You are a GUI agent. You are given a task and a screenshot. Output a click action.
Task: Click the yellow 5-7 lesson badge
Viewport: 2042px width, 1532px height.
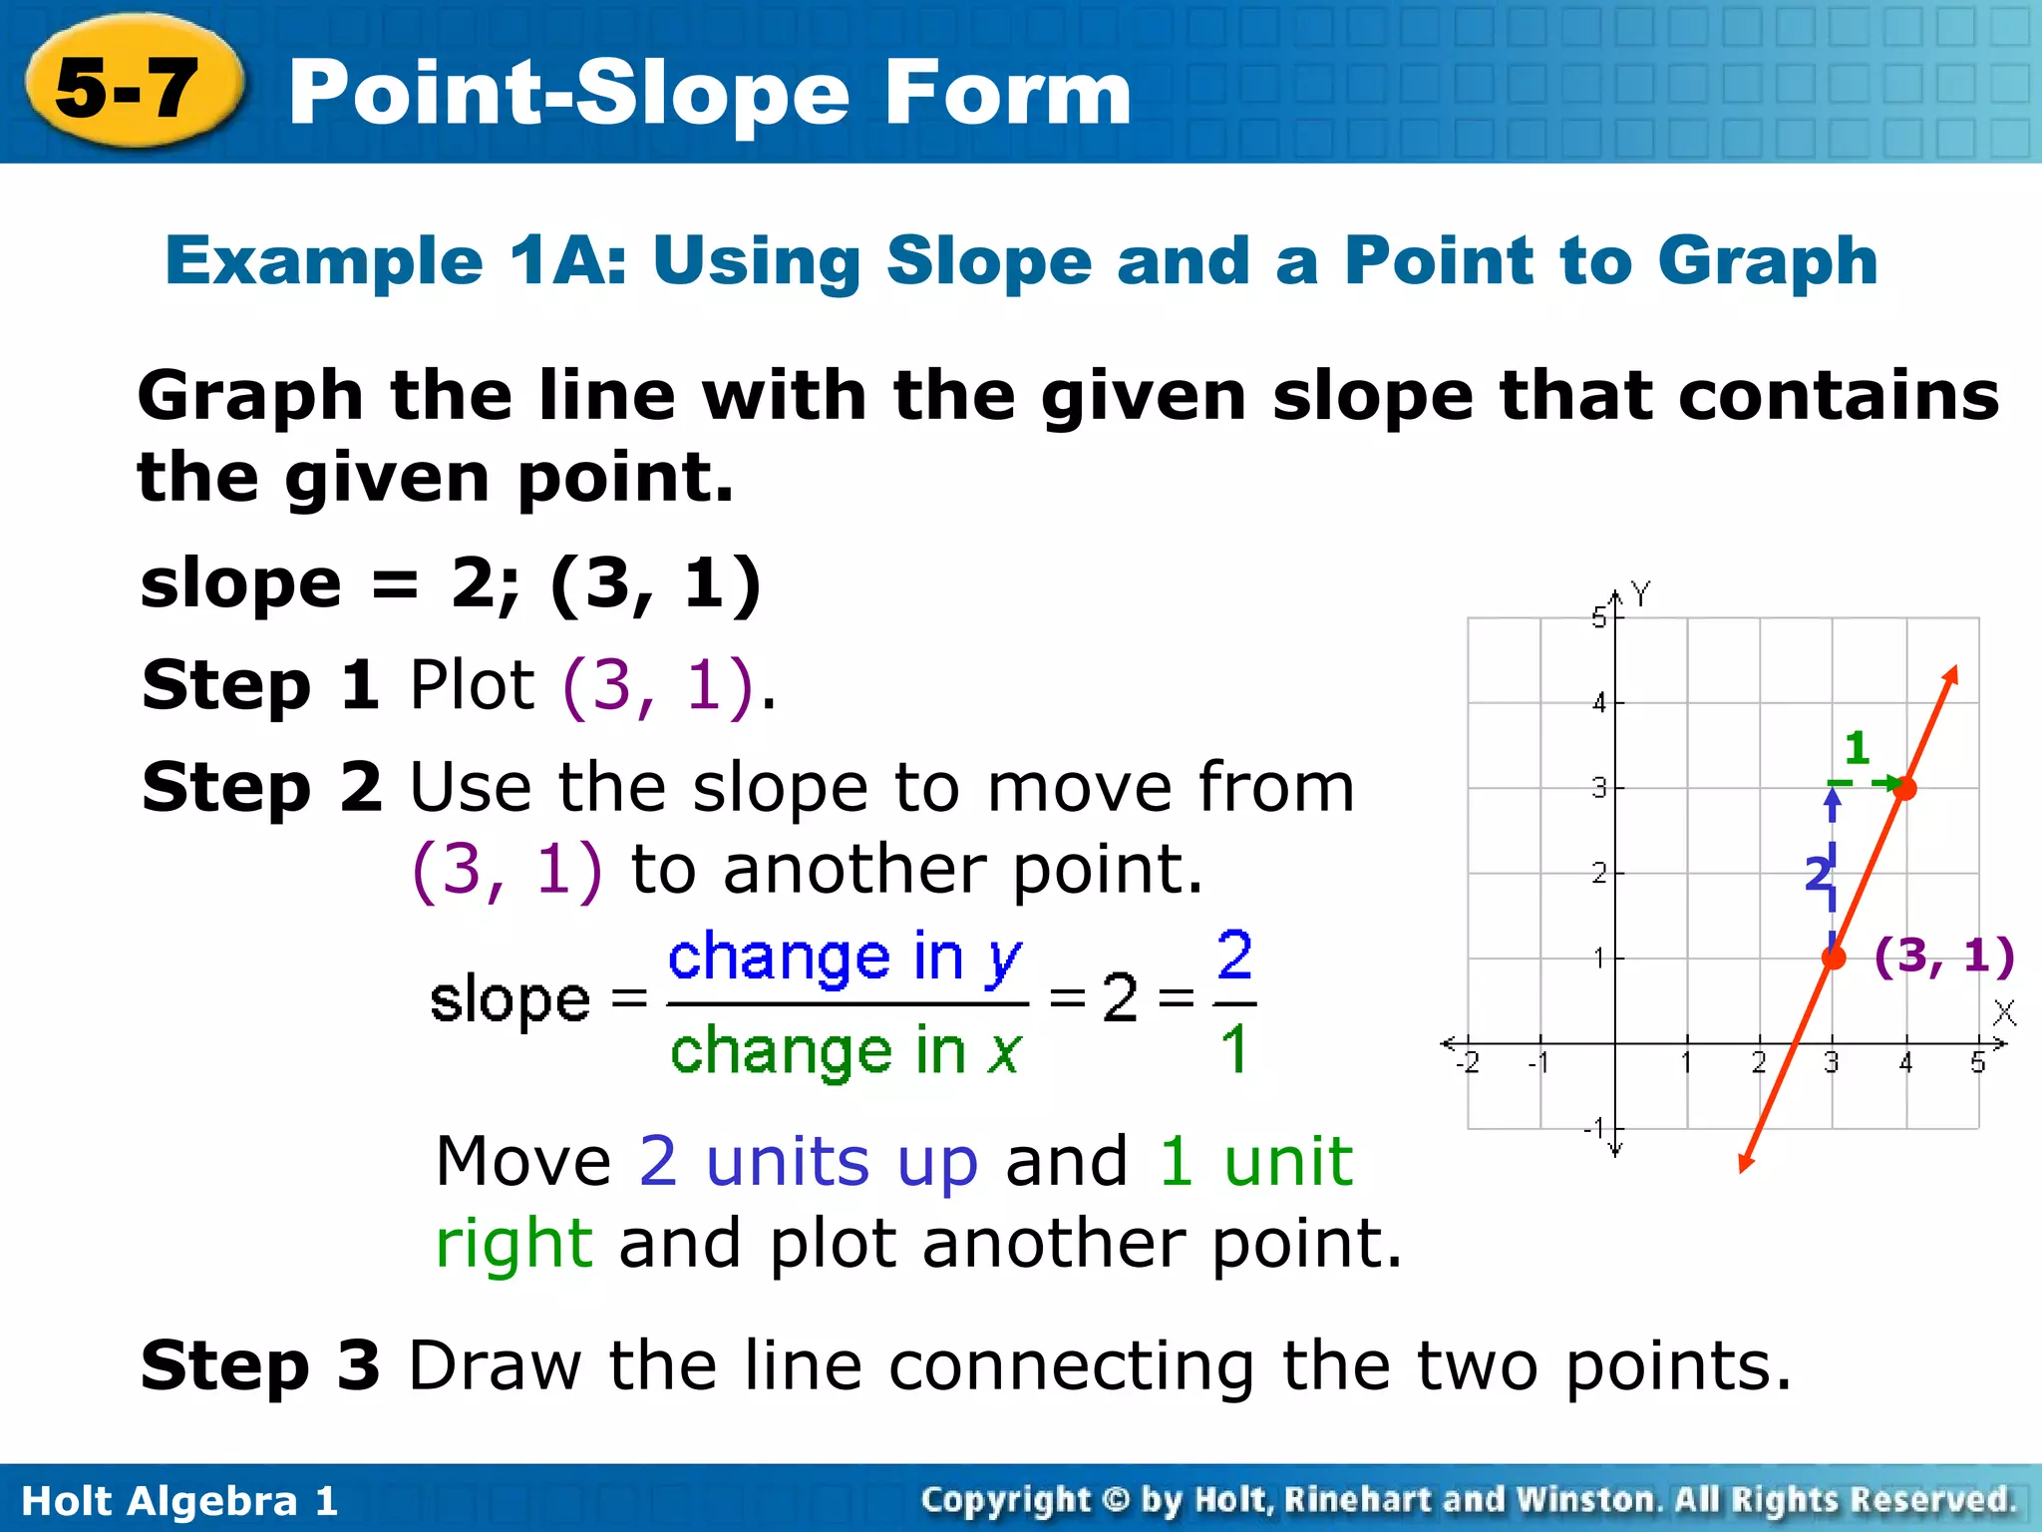pos(130,86)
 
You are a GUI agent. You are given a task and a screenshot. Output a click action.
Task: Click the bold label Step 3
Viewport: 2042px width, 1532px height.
pos(260,1365)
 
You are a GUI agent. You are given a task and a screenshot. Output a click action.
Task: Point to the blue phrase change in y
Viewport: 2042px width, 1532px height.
pos(845,958)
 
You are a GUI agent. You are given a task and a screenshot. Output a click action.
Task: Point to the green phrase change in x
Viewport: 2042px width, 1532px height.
pos(846,1051)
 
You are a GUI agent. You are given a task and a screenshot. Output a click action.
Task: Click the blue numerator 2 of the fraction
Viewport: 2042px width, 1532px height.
pos(1234,955)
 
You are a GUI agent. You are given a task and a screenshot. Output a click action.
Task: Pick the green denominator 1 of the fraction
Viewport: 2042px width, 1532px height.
pos(1234,1050)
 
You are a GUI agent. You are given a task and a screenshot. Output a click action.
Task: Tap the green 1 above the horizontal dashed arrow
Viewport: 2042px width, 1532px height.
pos(1857,747)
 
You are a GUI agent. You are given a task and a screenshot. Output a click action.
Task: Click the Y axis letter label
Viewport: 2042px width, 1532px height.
pos(1641,594)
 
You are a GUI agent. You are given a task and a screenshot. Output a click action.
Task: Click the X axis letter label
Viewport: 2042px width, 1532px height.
pos(2005,1013)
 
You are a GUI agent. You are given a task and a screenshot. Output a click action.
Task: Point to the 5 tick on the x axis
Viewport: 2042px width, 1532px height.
pos(1978,1063)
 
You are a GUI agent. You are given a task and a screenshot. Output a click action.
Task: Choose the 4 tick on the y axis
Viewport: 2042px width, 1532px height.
pos(1599,703)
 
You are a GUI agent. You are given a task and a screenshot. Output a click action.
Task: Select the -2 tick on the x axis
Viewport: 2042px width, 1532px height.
pos(1467,1063)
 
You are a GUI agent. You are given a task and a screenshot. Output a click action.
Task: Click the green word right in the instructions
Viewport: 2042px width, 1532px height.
pos(514,1244)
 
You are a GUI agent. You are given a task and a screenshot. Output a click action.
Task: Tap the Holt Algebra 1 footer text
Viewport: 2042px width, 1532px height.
pos(179,1501)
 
